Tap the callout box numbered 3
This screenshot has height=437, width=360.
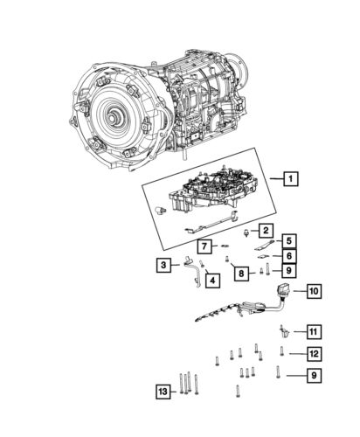(x=164, y=264)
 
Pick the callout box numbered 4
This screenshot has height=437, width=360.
(x=212, y=280)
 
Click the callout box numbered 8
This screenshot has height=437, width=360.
(x=240, y=274)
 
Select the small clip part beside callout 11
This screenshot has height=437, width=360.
(x=285, y=331)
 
